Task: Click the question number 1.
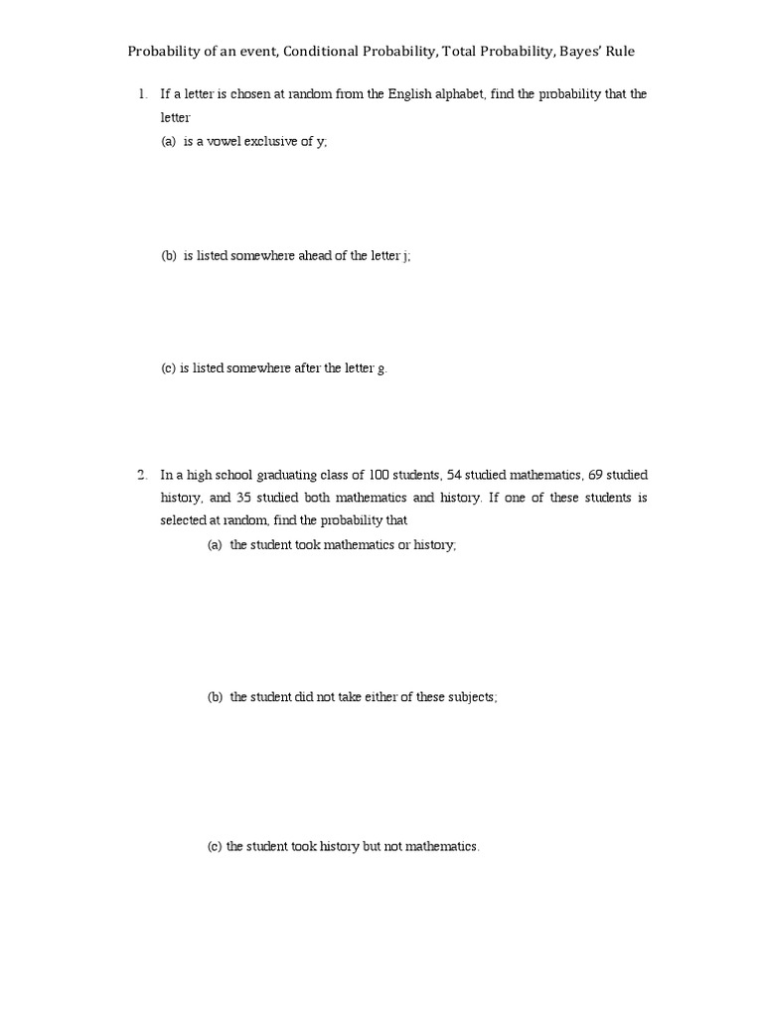[x=142, y=95]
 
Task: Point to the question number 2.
[x=142, y=475]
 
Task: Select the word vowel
[x=225, y=141]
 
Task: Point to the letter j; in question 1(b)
[x=406, y=255]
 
